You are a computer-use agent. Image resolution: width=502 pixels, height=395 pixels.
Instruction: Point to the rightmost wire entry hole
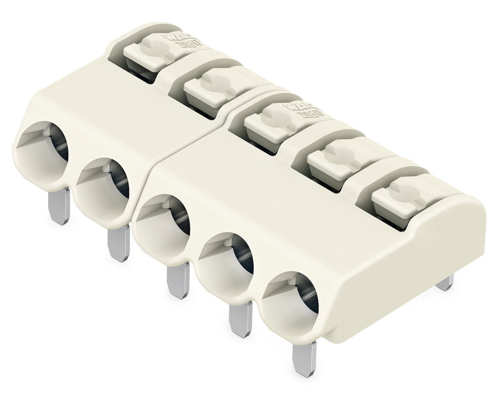(291, 301)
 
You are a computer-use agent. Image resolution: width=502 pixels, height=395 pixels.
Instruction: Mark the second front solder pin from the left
(119, 243)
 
